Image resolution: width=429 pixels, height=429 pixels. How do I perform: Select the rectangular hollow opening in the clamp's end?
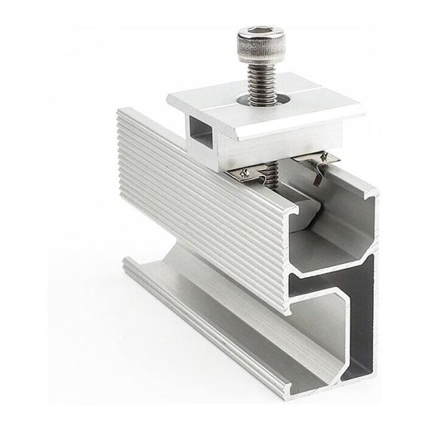click(202, 134)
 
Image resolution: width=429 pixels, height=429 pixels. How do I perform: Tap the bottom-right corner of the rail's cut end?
click(372, 375)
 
